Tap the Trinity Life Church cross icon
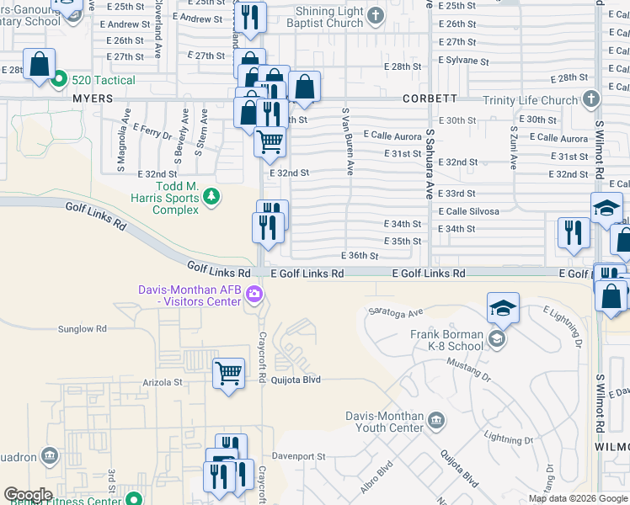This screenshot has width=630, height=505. pyautogui.click(x=591, y=99)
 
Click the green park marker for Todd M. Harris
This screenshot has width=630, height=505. pyautogui.click(x=211, y=198)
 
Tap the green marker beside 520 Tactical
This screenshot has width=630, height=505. pyautogui.click(x=58, y=81)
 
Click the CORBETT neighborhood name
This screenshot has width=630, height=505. pyautogui.click(x=430, y=98)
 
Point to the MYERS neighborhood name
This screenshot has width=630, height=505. pyautogui.click(x=93, y=98)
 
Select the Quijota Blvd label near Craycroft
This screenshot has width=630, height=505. pyautogui.click(x=295, y=380)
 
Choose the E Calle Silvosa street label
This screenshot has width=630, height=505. pyautogui.click(x=467, y=211)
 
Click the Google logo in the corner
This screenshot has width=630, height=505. pyautogui.click(x=28, y=495)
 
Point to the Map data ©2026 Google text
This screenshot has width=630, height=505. pyautogui.click(x=577, y=498)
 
